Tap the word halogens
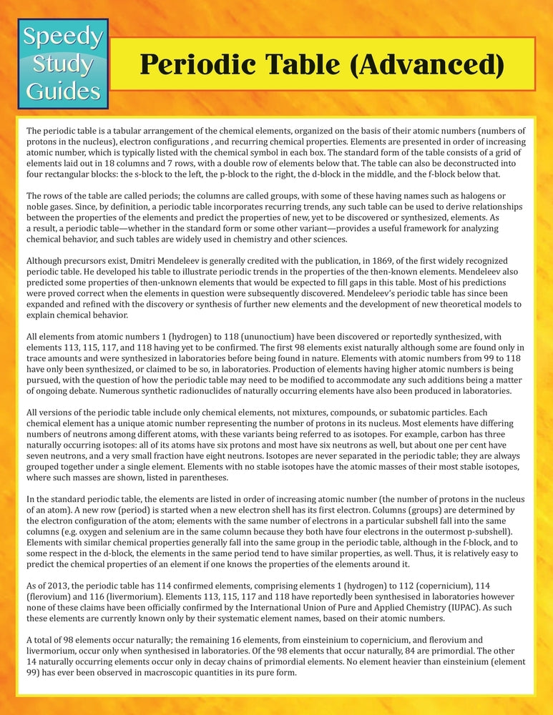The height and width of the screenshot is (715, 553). coord(449,197)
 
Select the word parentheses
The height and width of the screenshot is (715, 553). coord(197,477)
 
